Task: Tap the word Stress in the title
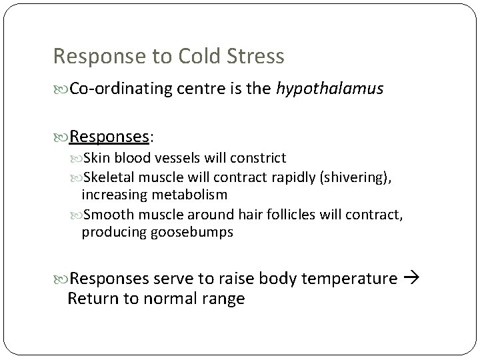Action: tap(256, 56)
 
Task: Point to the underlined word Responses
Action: tap(110, 137)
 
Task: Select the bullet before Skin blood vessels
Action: tap(76, 159)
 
